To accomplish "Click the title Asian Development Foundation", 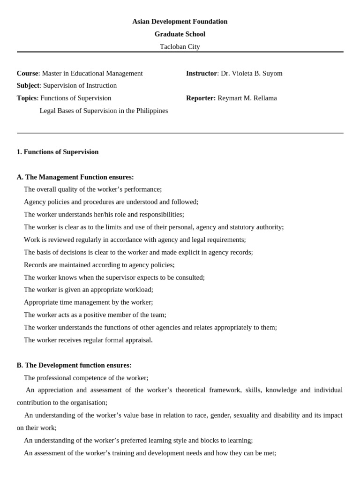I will click(180, 22).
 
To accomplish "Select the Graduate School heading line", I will click(180, 34).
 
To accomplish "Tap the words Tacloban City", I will click(180, 47).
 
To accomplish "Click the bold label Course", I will click(27, 74).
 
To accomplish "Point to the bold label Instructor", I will click(202, 74).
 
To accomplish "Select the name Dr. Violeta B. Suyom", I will click(252, 74).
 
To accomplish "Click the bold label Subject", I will click(28, 86).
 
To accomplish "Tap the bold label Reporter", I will click(201, 98).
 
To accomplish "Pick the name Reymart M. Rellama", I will click(247, 98).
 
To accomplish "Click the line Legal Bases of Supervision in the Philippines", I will click(104, 111).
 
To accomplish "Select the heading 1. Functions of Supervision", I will click(58, 152).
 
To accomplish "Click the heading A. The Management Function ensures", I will click(75, 177).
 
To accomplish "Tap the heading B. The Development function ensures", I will click(74, 365).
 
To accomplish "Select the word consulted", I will click(188, 277).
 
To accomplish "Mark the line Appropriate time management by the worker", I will click(88, 302).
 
